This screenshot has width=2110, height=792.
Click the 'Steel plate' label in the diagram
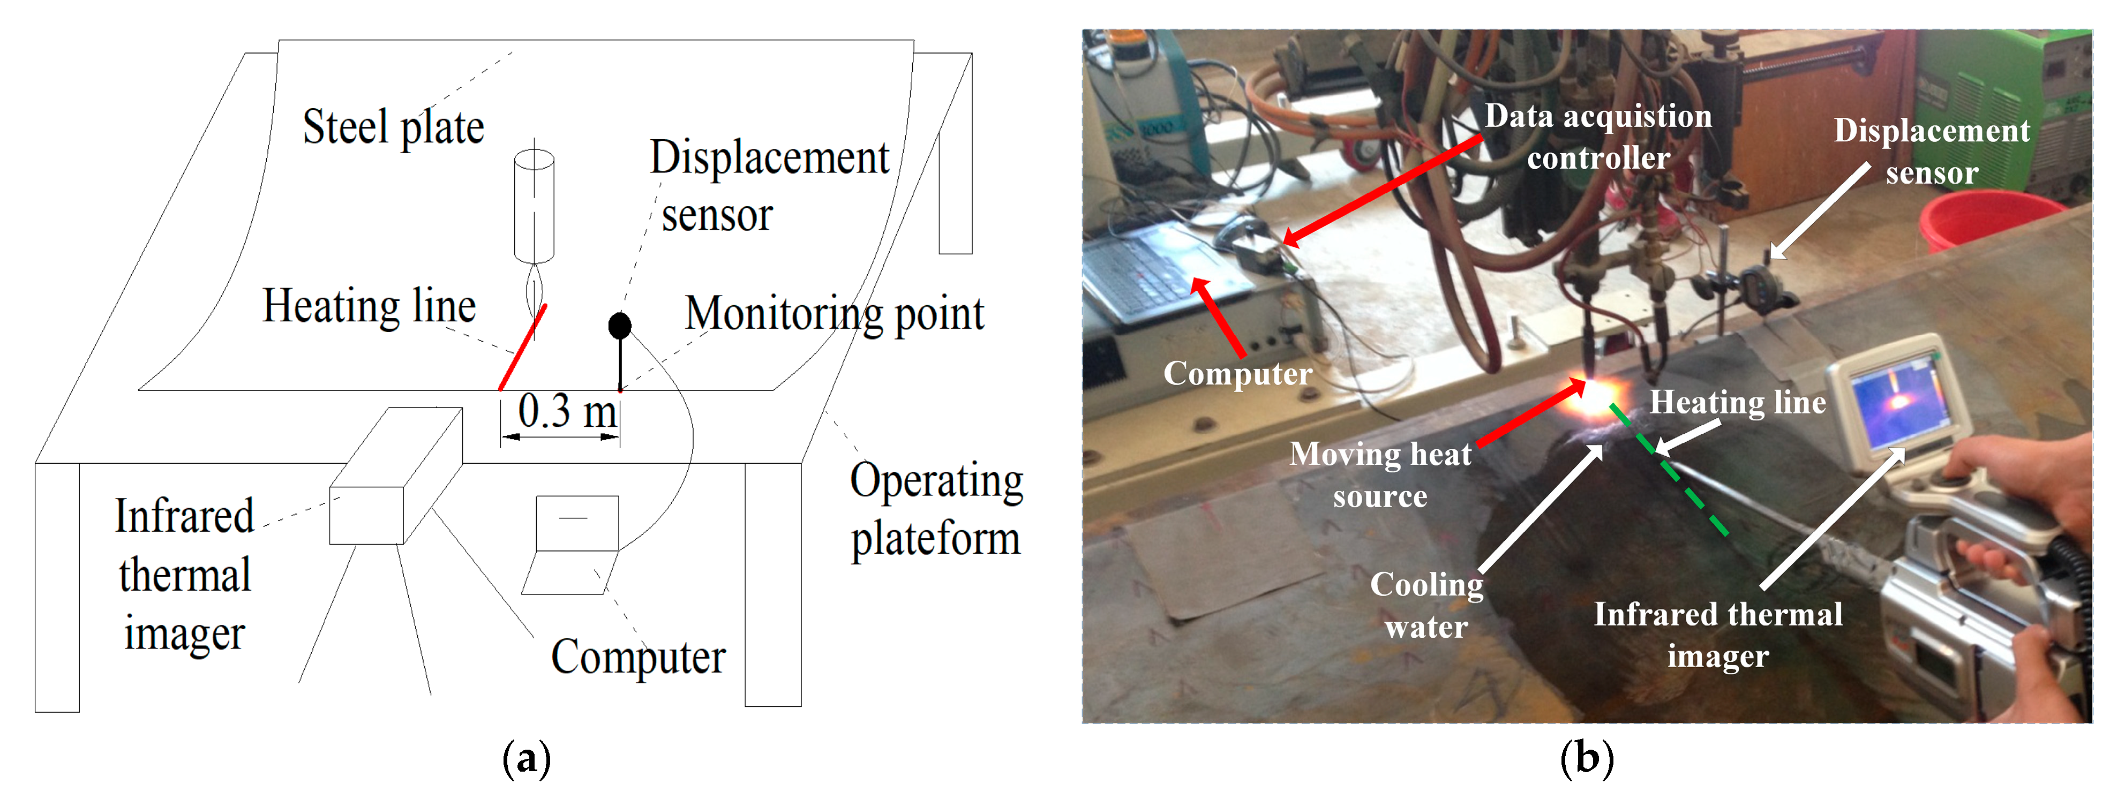tap(393, 129)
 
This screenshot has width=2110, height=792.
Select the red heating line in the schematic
tap(523, 347)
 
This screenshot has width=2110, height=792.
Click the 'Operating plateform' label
tap(936, 509)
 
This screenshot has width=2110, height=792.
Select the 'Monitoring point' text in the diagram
tap(834, 314)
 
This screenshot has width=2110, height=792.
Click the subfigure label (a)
tap(526, 758)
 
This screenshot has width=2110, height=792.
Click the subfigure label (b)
tap(1587, 758)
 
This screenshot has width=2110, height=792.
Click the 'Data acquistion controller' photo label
tap(1598, 137)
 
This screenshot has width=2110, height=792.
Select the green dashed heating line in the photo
tap(1671, 471)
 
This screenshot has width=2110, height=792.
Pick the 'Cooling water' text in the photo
tap(1427, 605)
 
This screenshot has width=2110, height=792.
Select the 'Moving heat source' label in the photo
tap(1380, 475)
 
